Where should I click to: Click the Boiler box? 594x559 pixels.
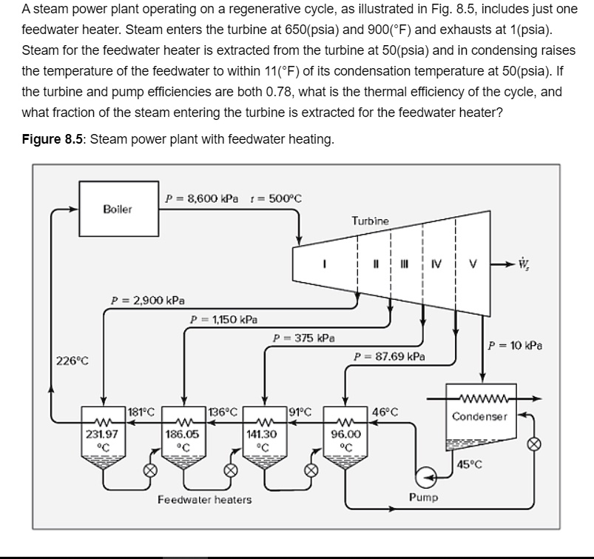(118, 210)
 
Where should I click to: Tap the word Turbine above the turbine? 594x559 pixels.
(370, 221)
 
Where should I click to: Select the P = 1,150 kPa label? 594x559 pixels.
(224, 320)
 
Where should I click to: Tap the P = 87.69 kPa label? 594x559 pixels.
(389, 356)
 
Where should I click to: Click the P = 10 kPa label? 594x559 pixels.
(516, 344)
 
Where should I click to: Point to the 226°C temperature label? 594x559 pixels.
(72, 361)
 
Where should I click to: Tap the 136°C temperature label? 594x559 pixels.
(223, 412)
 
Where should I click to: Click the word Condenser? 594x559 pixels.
(480, 416)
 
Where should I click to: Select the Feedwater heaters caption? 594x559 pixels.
(204, 500)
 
